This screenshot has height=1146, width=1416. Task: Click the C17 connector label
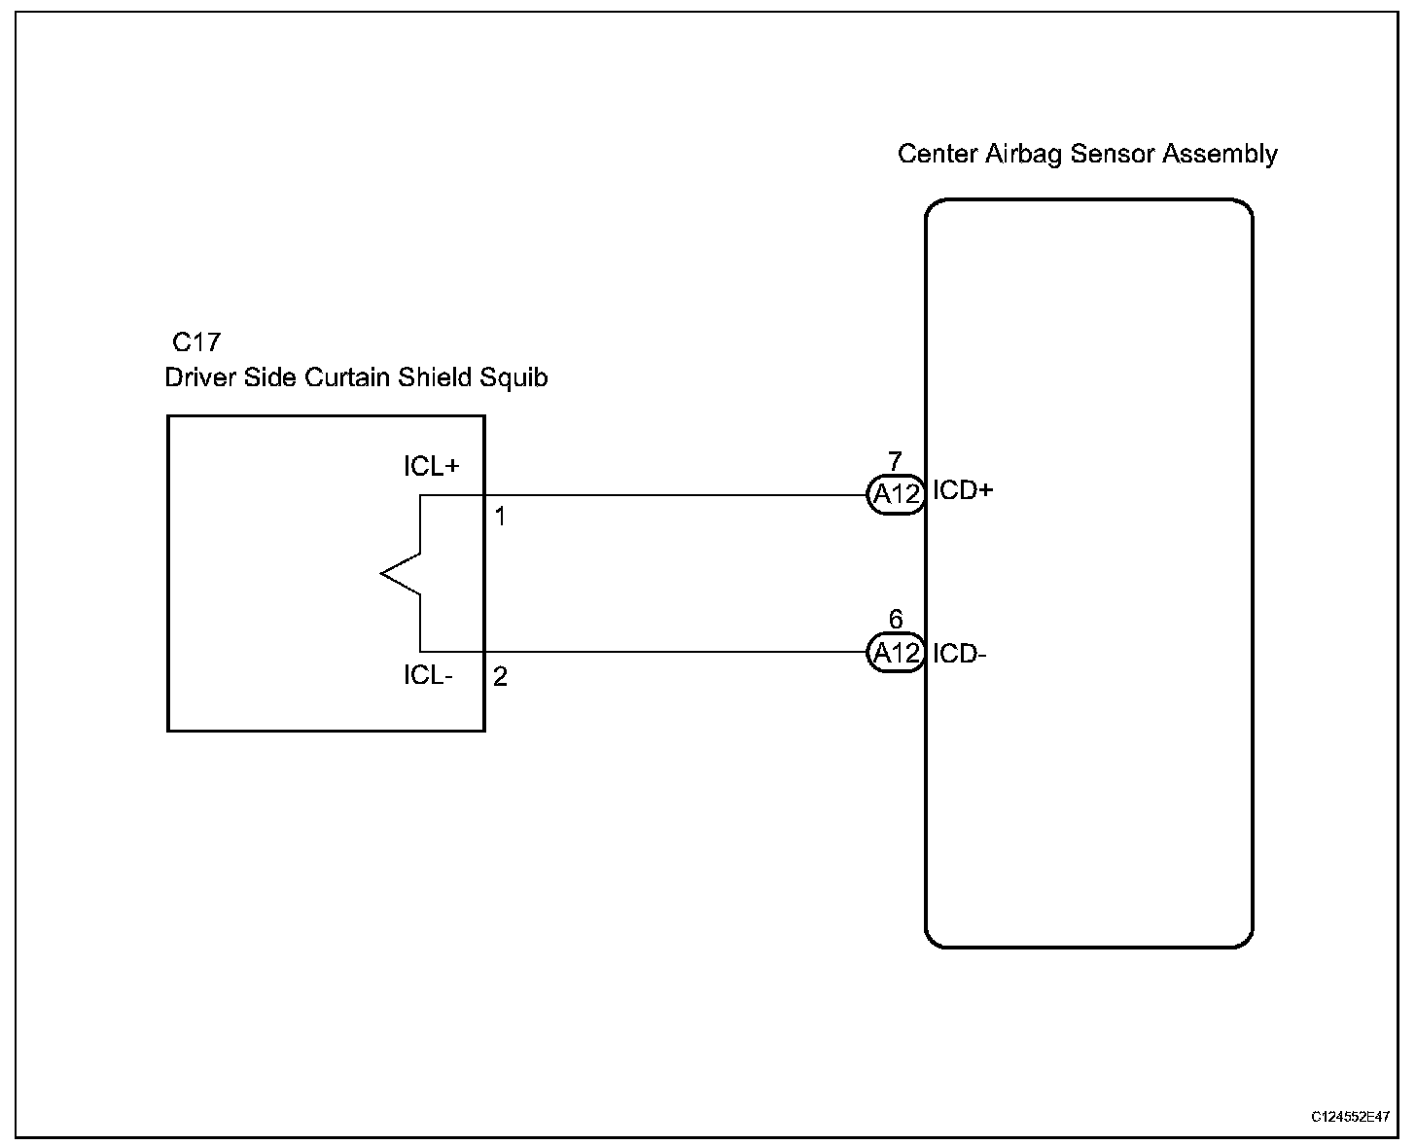coord(195,342)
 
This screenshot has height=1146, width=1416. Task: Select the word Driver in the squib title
coord(199,377)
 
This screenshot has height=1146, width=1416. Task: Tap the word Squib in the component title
coord(515,377)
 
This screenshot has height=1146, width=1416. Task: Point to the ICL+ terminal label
coord(431,467)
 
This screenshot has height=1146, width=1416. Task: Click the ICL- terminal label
coord(428,675)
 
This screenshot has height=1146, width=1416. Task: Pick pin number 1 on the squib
coord(500,517)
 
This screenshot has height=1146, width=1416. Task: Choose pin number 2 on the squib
coord(500,677)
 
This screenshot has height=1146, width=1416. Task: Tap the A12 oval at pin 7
coord(896,495)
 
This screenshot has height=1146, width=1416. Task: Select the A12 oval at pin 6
coord(896,654)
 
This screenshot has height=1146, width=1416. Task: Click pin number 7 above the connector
coord(895,461)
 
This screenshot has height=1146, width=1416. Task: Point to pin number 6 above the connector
coord(895,620)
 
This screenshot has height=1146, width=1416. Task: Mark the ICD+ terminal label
coord(963,490)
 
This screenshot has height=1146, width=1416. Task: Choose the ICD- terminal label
coord(959,654)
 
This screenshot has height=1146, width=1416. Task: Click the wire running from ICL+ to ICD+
coord(681,495)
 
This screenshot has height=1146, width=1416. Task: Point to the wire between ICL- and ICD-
coord(681,652)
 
